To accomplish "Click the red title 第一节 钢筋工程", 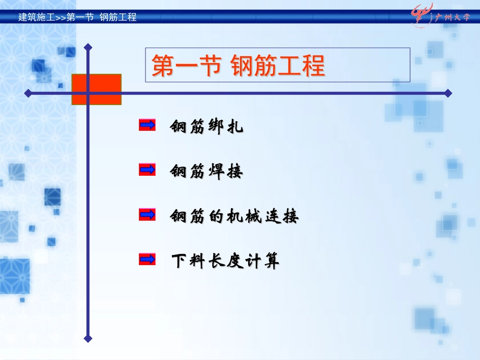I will click(x=238, y=66).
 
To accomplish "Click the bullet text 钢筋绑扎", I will click(x=207, y=127).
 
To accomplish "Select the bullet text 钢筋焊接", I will click(x=207, y=172).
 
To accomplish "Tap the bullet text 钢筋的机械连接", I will click(x=234, y=217).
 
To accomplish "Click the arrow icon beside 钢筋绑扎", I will click(x=147, y=125).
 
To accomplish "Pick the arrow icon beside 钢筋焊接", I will click(x=147, y=170).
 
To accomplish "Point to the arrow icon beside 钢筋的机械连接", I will click(x=147, y=215).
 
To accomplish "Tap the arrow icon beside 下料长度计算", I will click(x=147, y=260).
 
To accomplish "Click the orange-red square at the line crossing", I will click(x=97, y=89).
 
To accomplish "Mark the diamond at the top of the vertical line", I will click(x=88, y=47).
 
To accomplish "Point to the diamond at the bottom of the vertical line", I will click(x=88, y=339).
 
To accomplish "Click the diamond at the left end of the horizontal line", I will click(x=28, y=93).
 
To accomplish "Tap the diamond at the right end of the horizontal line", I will click(x=448, y=93).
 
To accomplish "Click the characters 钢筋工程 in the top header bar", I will click(x=118, y=17).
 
